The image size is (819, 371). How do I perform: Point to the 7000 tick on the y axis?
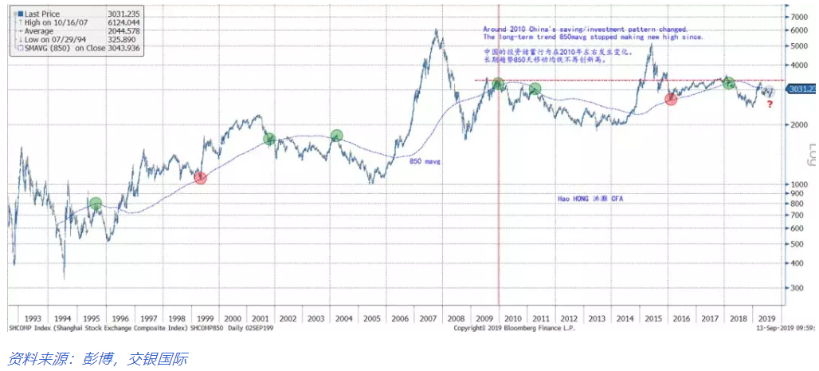(796, 17)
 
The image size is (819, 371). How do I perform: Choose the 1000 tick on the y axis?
(796, 184)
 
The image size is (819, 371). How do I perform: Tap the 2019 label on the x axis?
(766, 317)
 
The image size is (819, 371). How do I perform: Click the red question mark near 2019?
(770, 103)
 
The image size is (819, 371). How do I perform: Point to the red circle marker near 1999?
(200, 177)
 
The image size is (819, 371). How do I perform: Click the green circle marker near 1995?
(96, 204)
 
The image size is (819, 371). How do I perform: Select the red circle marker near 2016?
(671, 98)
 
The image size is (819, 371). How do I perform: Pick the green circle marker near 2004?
(337, 136)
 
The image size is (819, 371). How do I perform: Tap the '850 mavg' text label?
(425, 161)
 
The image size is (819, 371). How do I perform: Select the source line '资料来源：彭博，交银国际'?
(96, 358)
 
